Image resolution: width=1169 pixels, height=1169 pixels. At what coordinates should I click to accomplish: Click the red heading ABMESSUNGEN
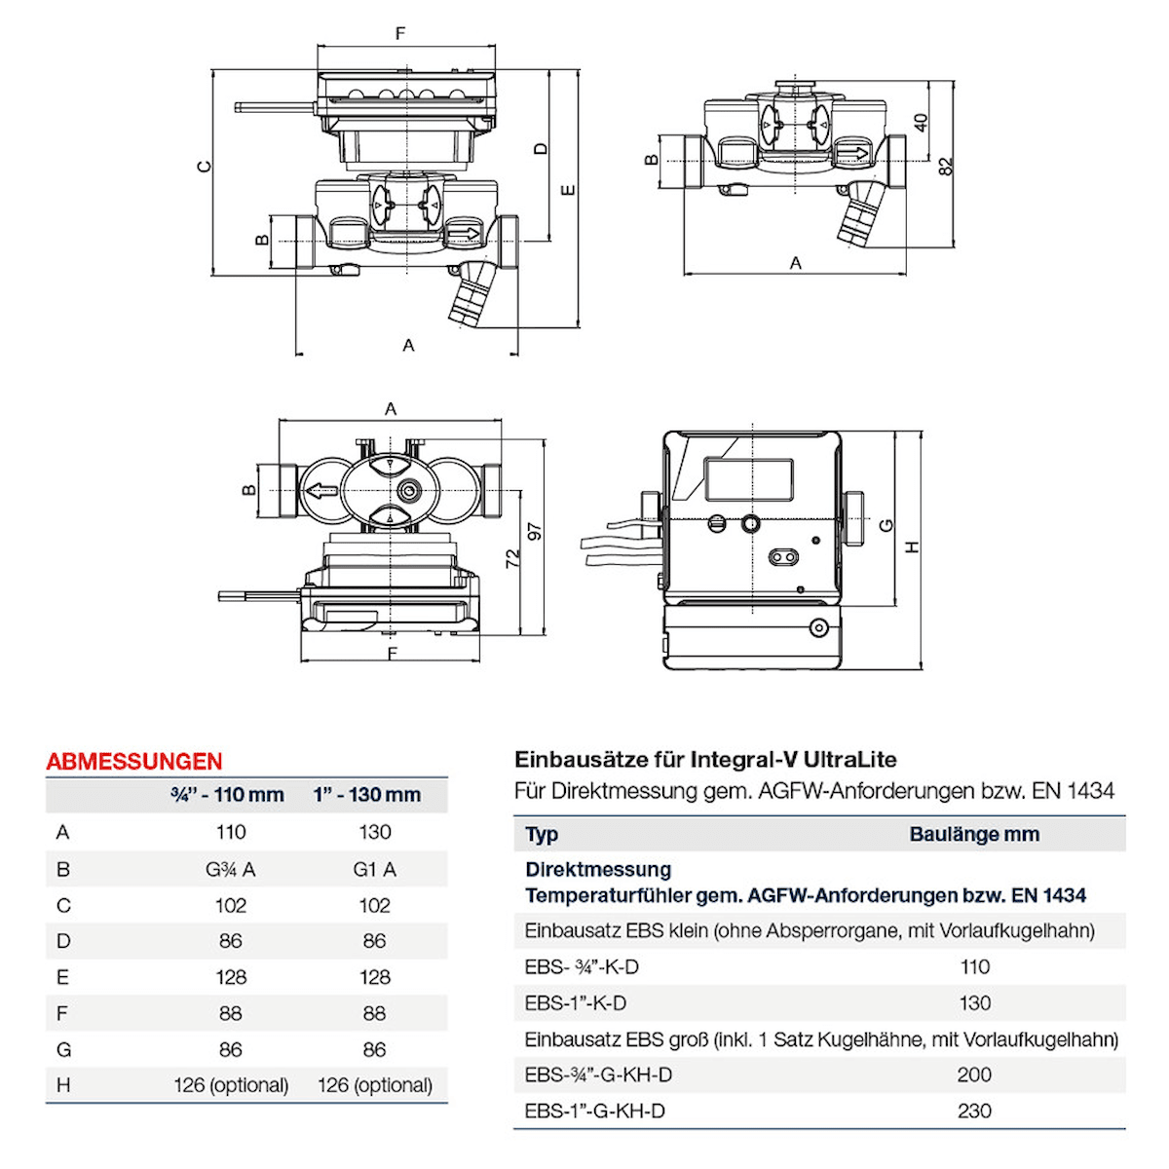pos(134,761)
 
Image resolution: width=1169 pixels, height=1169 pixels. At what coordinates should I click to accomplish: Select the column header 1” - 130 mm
pos(367,795)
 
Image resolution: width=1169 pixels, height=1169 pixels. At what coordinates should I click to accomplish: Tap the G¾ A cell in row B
pos(230,869)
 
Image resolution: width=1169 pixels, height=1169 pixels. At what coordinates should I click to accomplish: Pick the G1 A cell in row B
pos(374,869)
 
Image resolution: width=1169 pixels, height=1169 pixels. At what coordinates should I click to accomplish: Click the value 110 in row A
pos(230,832)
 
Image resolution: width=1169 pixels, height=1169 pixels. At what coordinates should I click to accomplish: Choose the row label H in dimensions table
pos(63,1085)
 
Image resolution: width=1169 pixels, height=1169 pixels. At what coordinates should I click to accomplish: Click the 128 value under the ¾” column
pos(230,977)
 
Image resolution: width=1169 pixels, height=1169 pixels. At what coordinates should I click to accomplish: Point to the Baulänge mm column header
pos(974,835)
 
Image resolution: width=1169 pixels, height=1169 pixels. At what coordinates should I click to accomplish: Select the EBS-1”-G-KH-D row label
pos(594,1112)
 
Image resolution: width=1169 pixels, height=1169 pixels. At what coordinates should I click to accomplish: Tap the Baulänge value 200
pos(974,1075)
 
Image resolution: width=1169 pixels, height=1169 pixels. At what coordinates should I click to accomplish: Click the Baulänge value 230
pos(974,1112)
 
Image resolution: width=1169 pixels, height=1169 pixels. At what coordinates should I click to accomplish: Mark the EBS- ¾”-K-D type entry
pos(582,967)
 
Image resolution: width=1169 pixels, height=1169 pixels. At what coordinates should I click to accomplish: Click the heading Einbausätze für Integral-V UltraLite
pos(705,760)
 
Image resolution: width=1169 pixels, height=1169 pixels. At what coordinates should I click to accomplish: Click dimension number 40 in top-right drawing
pos(921,123)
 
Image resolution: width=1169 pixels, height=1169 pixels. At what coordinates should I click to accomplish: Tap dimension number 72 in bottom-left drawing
pos(513,557)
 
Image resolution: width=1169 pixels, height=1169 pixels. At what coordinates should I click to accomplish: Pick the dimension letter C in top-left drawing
pos(204,167)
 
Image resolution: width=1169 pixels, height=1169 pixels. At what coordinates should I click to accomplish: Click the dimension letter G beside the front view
pos(886,526)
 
